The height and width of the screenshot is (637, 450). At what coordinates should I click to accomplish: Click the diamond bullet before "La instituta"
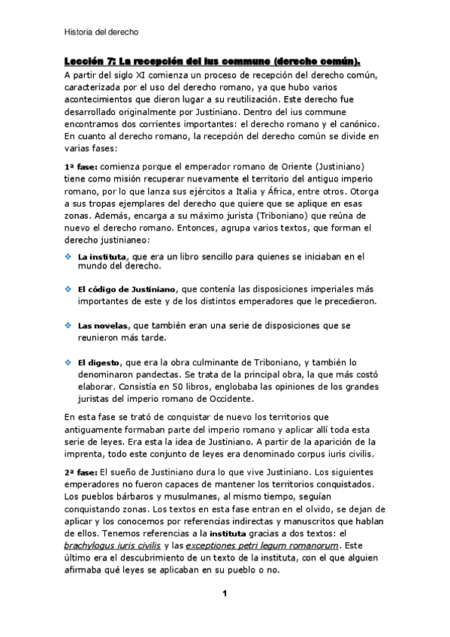point(68,256)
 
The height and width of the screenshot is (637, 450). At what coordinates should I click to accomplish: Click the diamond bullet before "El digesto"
point(68,363)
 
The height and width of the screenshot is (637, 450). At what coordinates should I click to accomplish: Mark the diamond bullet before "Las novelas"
point(68,326)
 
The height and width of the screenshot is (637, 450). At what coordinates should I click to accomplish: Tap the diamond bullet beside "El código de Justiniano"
point(68,289)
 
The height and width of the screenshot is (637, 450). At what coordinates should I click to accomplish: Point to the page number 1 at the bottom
point(224,593)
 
